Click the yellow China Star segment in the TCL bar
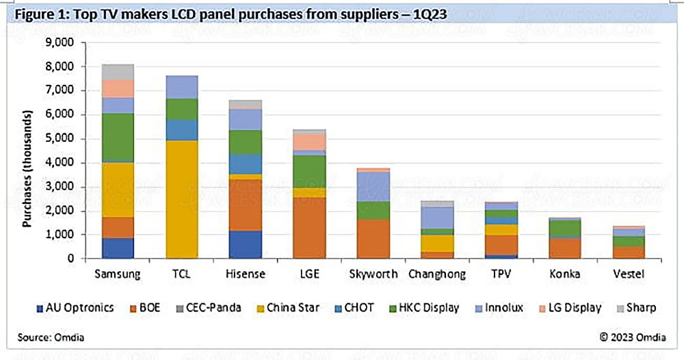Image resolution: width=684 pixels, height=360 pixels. click(x=178, y=198)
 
